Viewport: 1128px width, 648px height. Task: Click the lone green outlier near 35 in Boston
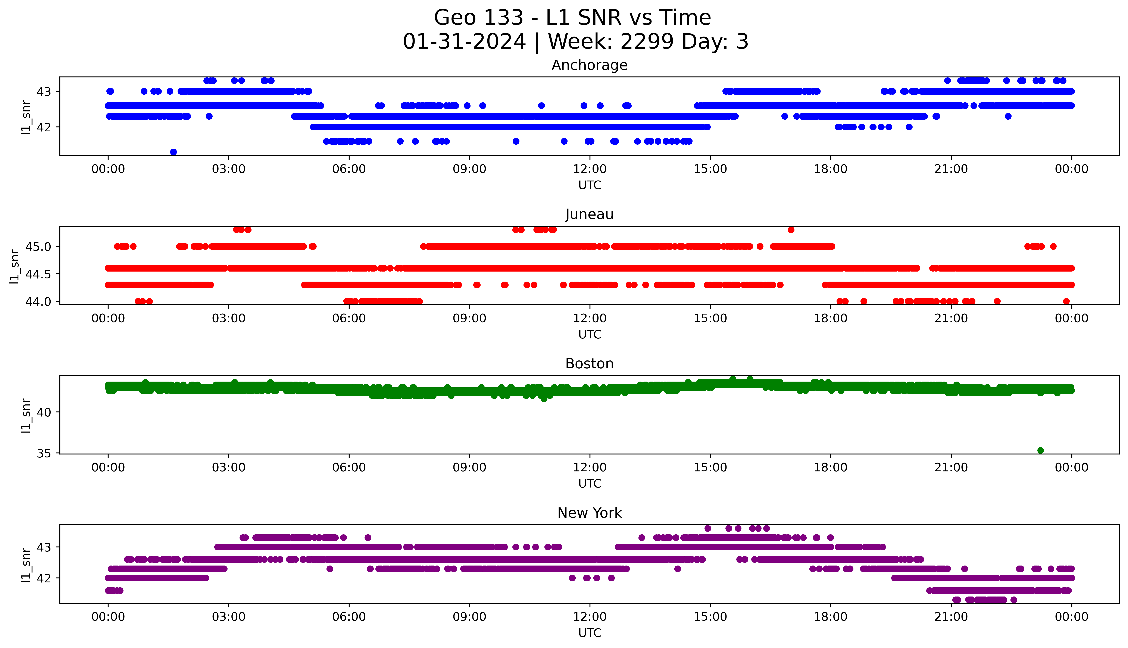click(x=1040, y=450)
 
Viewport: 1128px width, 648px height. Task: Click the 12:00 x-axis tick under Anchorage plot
click(x=590, y=169)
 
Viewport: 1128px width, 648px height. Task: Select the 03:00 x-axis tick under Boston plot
click(x=229, y=467)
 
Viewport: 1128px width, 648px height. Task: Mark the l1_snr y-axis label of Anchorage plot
click(x=26, y=117)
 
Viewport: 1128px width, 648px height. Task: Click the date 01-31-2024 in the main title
click(x=464, y=42)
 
